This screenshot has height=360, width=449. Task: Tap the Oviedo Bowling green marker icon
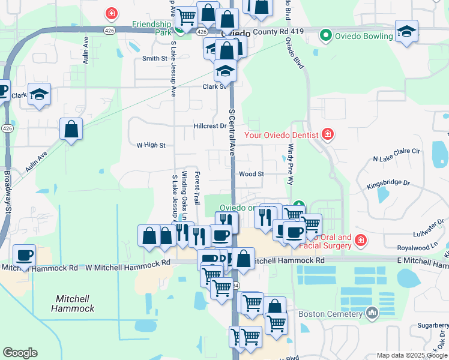(326, 35)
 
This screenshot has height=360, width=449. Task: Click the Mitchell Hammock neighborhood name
(73, 303)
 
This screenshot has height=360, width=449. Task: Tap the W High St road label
(151, 145)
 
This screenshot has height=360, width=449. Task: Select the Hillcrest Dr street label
(209, 126)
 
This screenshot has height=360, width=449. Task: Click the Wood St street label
(252, 174)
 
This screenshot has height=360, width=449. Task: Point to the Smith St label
(154, 58)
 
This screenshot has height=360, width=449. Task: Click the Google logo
(20, 353)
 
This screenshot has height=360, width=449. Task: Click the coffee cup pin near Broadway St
(24, 256)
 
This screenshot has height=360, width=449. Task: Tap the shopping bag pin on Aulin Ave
(71, 130)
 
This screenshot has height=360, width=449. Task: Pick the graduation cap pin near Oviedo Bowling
(406, 31)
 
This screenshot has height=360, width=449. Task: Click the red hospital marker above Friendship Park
(111, 13)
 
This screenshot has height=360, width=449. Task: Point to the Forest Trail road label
(197, 182)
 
